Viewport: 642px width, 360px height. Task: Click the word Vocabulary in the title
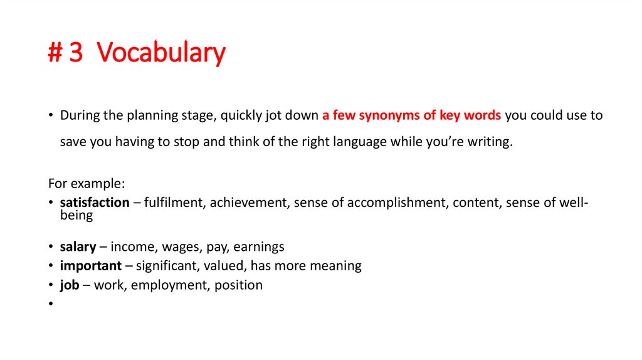click(161, 53)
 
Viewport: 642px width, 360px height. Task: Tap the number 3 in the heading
click(76, 53)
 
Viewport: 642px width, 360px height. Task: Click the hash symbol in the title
click(55, 53)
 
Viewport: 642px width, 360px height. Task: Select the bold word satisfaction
click(95, 203)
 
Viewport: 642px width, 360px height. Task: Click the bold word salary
click(78, 246)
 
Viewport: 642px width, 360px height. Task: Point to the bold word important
click(90, 265)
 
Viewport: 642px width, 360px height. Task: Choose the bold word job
click(70, 285)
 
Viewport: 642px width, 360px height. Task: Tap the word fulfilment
click(174, 203)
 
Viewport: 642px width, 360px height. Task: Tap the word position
click(238, 285)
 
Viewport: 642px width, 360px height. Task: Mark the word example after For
click(98, 184)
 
